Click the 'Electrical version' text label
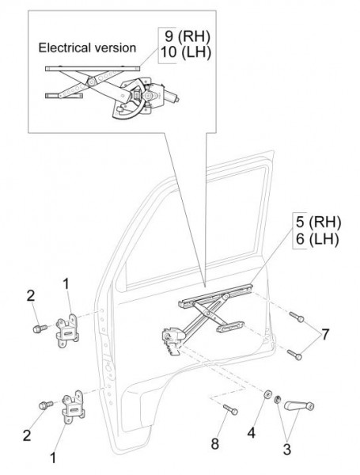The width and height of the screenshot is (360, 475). click(87, 47)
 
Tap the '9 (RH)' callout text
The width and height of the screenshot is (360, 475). click(187, 36)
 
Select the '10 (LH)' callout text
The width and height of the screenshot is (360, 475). click(185, 52)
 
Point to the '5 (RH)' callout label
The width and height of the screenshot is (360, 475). click(318, 222)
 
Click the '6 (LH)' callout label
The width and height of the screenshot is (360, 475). click(317, 239)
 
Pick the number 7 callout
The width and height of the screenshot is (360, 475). click(324, 335)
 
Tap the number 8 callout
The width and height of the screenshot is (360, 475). click(214, 444)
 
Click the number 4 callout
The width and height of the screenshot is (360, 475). click(252, 433)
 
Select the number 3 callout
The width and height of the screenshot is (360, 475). click(287, 449)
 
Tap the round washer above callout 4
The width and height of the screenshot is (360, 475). click(267, 394)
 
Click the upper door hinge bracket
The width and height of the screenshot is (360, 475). click(67, 332)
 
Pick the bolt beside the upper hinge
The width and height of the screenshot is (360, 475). click(40, 329)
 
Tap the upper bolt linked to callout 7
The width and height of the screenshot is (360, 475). click(297, 317)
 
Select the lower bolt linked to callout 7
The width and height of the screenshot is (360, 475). click(294, 355)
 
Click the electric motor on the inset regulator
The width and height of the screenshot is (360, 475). click(162, 94)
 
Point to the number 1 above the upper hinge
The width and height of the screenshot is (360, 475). click(66, 284)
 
